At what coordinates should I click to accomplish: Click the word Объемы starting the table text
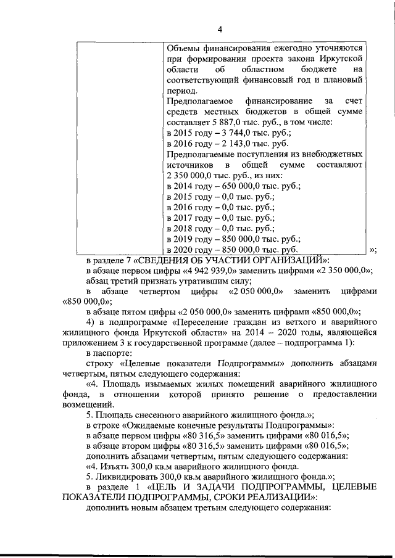[185, 47]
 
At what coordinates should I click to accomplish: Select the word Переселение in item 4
[207, 322]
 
